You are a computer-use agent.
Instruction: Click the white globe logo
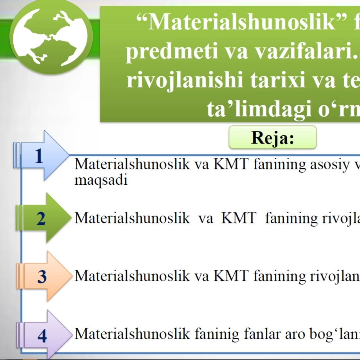click(x=50, y=37)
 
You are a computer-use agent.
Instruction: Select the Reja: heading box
click(x=272, y=137)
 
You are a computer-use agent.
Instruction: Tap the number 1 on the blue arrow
click(x=39, y=156)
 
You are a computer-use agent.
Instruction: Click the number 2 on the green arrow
click(x=41, y=218)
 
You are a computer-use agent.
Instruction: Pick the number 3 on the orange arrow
click(x=42, y=276)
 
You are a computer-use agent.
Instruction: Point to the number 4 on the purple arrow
click(x=42, y=336)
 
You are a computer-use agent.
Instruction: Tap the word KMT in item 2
click(x=239, y=218)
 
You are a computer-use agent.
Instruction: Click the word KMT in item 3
click(x=231, y=275)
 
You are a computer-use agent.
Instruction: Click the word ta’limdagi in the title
click(x=259, y=109)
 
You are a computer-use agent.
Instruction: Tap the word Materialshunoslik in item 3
click(x=132, y=275)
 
